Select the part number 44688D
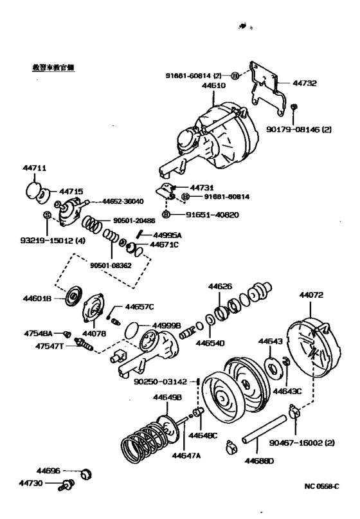tap(259, 460)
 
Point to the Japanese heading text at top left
tap(50, 68)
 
